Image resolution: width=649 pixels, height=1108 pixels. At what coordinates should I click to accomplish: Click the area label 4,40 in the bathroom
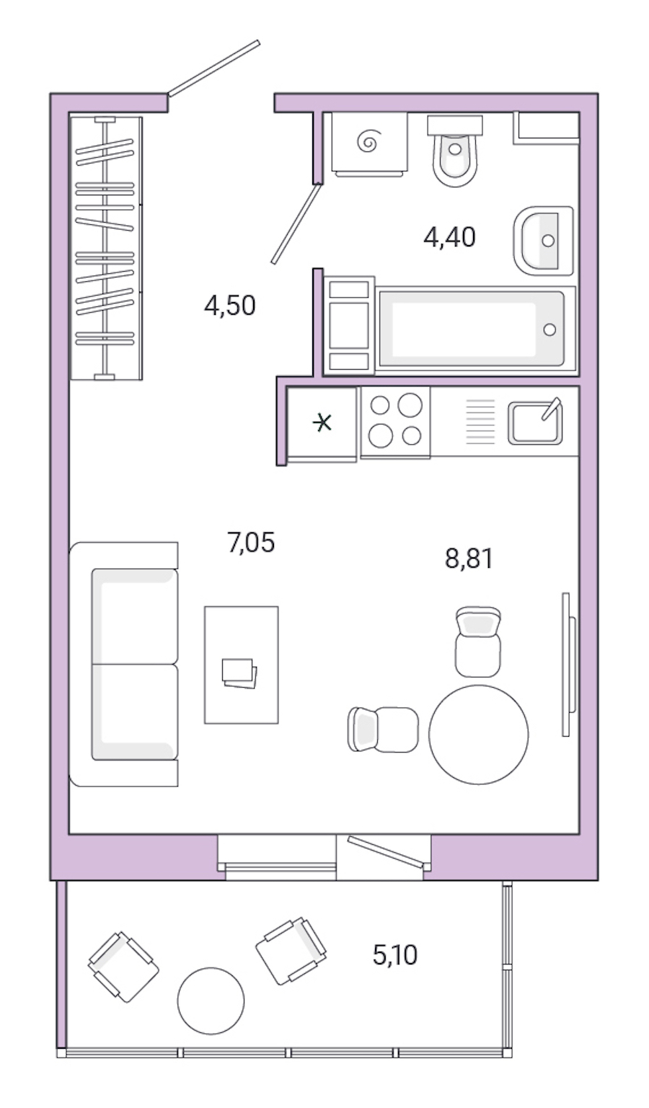[x=449, y=236]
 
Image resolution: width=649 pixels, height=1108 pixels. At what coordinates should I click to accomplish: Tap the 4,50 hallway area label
[x=229, y=306]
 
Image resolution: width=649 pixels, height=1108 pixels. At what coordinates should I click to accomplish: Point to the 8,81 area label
[x=469, y=558]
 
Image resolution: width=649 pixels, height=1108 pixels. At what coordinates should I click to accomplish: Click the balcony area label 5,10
[x=394, y=955]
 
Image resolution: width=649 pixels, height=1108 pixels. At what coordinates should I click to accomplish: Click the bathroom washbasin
[x=544, y=241]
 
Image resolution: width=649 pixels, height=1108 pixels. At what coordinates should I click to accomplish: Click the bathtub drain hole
[x=550, y=329]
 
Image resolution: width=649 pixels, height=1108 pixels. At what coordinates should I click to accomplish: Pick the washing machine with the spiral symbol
[x=369, y=143]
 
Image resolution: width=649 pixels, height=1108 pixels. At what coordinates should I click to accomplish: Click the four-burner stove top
[x=394, y=421]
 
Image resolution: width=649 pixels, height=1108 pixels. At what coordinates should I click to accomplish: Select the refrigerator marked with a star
[x=322, y=422]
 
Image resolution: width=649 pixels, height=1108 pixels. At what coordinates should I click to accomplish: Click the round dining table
[x=478, y=734]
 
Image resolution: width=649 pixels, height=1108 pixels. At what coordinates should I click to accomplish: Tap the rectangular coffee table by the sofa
[x=241, y=664]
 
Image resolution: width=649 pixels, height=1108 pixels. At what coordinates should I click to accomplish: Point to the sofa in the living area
[x=124, y=664]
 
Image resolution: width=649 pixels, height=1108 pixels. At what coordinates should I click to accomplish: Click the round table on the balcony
[x=211, y=1001]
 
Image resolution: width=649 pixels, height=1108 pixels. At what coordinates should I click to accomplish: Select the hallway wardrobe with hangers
[x=106, y=247]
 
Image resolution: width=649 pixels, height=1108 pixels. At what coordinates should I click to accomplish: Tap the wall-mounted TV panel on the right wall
[x=568, y=664]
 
